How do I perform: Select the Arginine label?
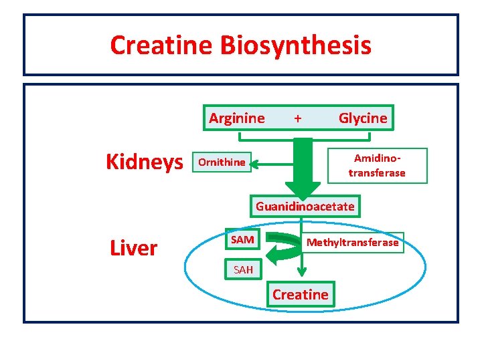coord(236,118)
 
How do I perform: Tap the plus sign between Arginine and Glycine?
coord(297,118)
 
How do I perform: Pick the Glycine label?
coord(363,118)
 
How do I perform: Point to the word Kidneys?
coord(145,162)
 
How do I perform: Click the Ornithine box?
coord(222,162)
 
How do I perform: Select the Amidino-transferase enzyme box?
coord(377,165)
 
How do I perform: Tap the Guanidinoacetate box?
coord(305,207)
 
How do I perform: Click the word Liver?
coord(133,248)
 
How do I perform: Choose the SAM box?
coord(242,239)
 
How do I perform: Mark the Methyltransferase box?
coord(352,243)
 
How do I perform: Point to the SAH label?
coord(243,270)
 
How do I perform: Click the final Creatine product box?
coord(301,295)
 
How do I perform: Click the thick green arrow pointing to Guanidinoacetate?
coord(303,167)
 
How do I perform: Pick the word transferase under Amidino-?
coord(377,172)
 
